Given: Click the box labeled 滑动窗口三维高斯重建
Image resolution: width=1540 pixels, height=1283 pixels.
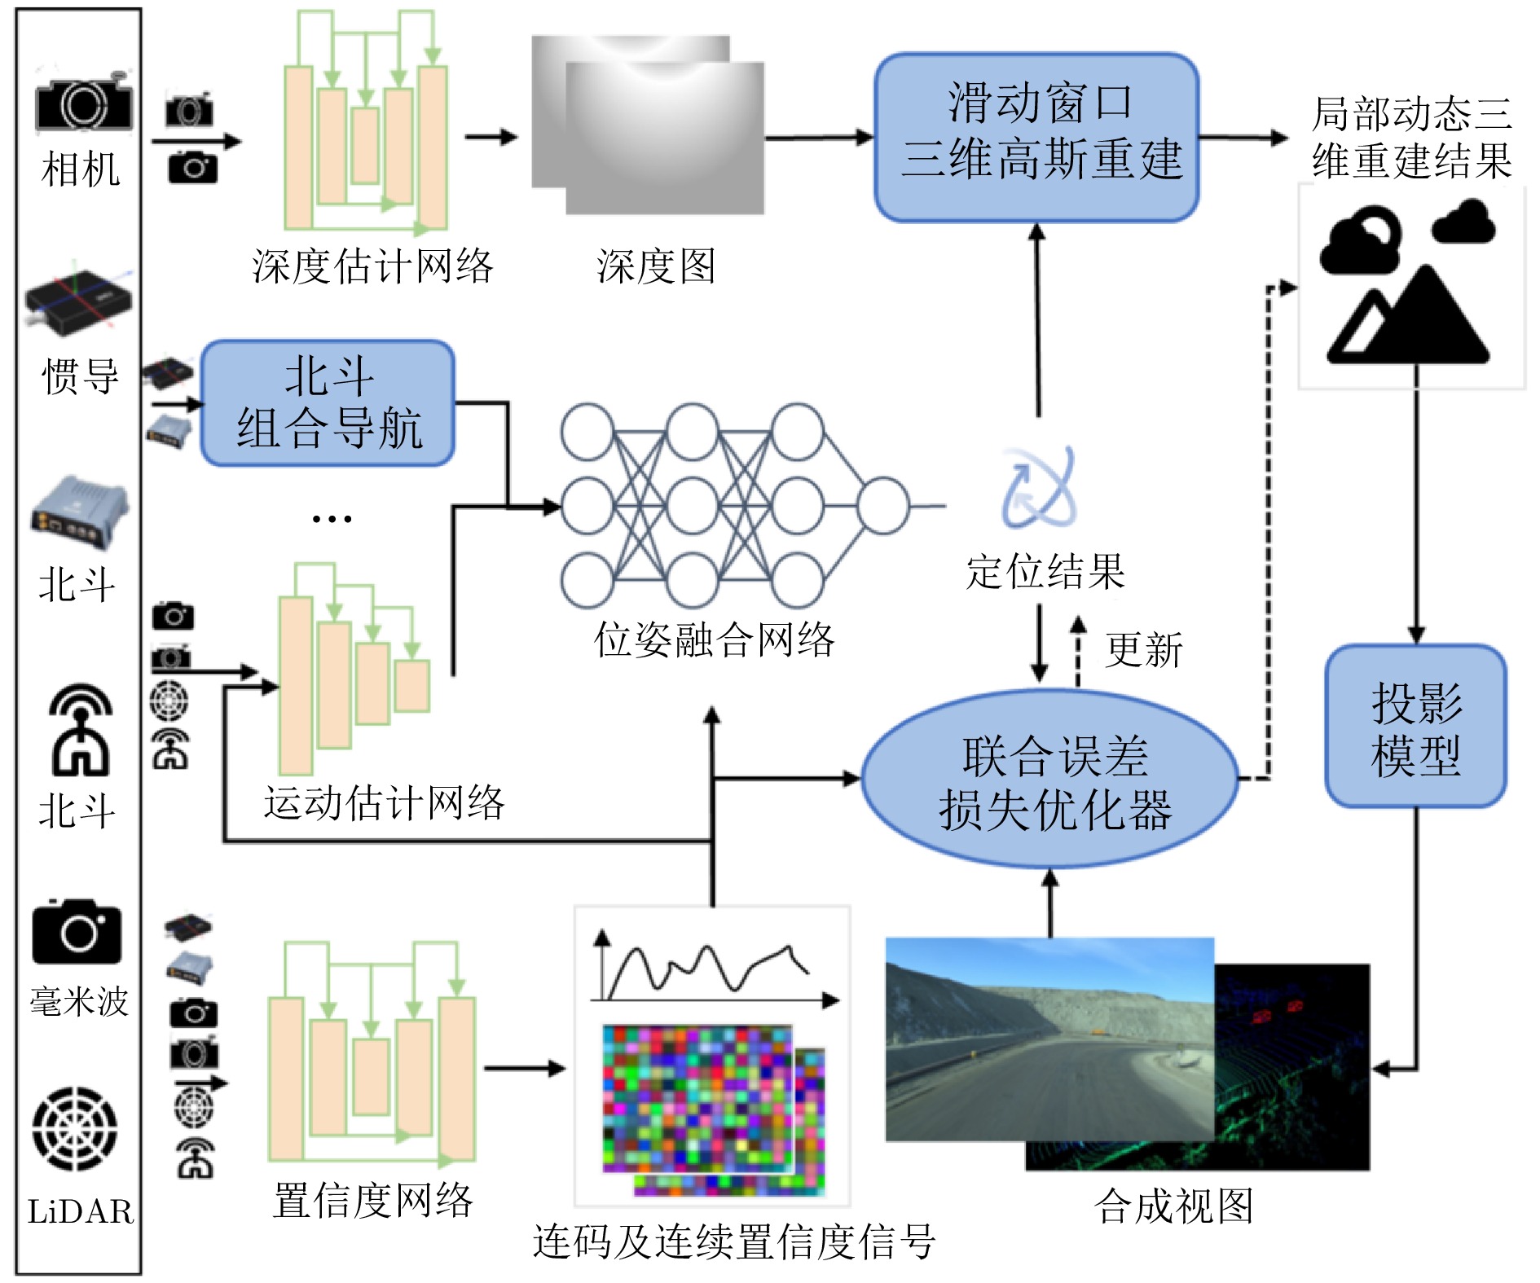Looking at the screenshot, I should (1036, 137).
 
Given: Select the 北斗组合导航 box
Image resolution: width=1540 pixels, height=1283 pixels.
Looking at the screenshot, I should (328, 403).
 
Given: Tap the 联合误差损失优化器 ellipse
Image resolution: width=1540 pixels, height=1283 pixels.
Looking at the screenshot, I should (1051, 780).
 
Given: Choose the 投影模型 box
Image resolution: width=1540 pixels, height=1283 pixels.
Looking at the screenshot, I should (1415, 727).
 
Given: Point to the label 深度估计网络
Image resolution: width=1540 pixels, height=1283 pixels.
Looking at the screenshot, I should (372, 266).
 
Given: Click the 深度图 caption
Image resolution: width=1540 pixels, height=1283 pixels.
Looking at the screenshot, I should (656, 266).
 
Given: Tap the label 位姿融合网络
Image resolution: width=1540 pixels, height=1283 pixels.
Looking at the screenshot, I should (714, 640).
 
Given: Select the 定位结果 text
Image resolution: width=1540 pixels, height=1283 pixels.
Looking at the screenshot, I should (1045, 571).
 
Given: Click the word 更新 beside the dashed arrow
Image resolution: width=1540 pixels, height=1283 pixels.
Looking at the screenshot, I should (1143, 650).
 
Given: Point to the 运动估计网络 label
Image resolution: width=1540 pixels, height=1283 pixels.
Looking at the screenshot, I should (384, 803).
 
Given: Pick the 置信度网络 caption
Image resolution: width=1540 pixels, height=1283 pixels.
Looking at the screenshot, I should (372, 1201).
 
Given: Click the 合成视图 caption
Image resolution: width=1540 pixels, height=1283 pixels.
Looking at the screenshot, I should (1173, 1206).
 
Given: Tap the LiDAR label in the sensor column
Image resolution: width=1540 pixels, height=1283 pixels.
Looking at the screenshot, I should (80, 1212).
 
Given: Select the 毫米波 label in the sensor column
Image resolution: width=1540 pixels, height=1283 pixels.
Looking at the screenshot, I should (79, 1002).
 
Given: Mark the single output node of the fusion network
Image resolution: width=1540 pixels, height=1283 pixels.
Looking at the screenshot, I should (882, 506).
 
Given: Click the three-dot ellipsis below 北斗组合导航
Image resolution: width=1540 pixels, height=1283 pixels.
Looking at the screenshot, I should (332, 518).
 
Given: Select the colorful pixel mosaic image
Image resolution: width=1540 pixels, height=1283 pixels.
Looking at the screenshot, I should (701, 1100).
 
